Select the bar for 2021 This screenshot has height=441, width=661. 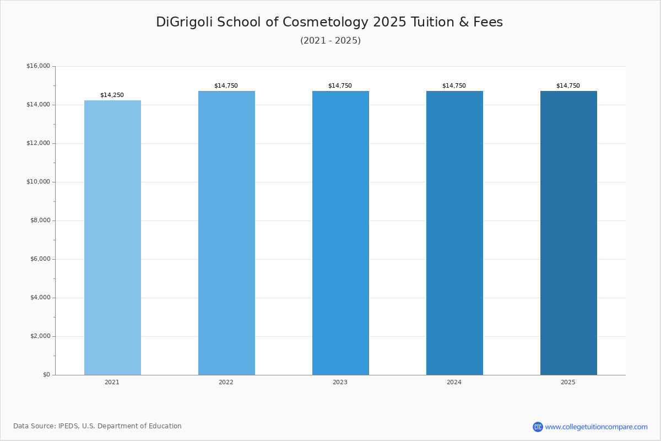tap(112, 238)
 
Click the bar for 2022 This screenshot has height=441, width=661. tap(226, 233)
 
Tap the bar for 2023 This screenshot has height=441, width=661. tap(340, 233)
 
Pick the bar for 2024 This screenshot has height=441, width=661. tap(454, 233)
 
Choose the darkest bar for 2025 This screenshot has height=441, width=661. tap(568, 233)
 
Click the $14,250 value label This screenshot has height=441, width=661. tap(112, 95)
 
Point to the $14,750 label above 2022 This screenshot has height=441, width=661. tap(226, 85)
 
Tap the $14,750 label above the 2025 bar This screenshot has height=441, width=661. tap(568, 85)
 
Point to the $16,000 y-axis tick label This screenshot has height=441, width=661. tap(39, 66)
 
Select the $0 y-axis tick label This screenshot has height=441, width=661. tap(47, 375)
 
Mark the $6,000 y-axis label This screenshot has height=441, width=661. tap(40, 259)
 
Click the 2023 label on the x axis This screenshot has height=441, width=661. tap(340, 382)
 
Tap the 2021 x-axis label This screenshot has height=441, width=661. tap(112, 382)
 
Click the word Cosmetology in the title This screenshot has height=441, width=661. tap(326, 22)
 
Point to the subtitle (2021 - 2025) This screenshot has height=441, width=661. tap(330, 40)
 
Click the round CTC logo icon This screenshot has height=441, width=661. tap(538, 427)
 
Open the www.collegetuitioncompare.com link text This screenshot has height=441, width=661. tap(597, 427)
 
